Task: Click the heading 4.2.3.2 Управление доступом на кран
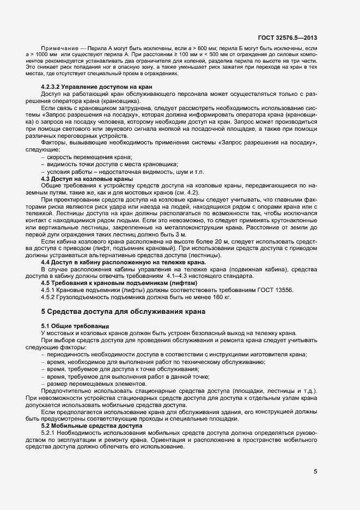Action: [96, 88]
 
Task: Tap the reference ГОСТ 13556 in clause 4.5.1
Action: [272, 290]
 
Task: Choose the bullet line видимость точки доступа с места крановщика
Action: [113, 165]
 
